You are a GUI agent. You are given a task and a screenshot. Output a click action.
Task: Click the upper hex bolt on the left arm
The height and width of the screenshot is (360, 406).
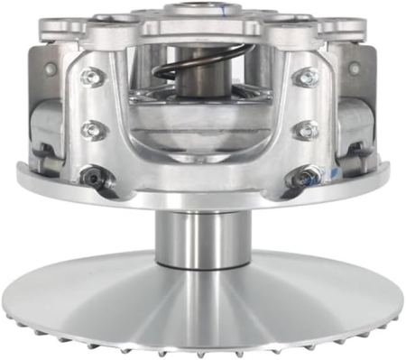(x=90, y=78)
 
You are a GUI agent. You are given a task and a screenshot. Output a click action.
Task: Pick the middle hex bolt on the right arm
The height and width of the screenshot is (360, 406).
(x=305, y=130)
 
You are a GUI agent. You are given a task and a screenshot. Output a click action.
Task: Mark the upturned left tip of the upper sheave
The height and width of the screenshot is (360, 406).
(x=20, y=166)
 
